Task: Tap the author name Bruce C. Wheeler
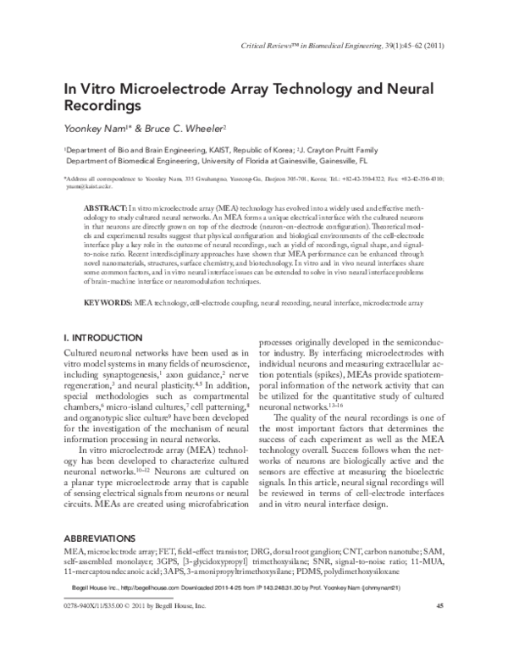coord(185,126)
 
